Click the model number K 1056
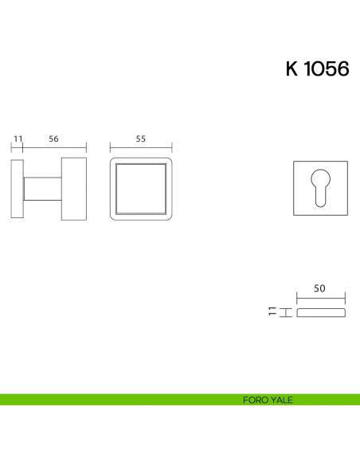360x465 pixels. tap(317, 68)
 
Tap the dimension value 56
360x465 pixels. tap(53, 139)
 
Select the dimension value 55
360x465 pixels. tap(141, 139)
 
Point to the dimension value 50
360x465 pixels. tap(319, 288)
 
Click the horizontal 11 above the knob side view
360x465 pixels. tap(18, 139)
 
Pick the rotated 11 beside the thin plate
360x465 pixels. tap(272, 311)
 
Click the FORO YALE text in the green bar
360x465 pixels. tap(268, 400)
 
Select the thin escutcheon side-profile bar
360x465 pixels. tap(321, 313)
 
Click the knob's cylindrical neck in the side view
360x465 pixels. tap(43, 189)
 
